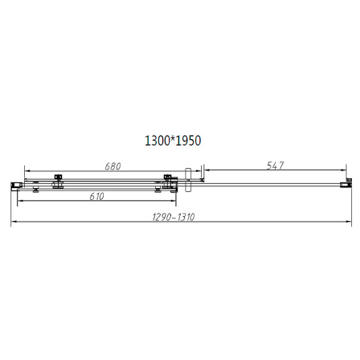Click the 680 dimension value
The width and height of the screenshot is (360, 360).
112,166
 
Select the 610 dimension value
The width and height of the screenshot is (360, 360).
96,196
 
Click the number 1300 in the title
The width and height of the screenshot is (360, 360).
156,142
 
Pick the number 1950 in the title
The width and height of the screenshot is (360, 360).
189,142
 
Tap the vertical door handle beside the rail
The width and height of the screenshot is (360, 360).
189,181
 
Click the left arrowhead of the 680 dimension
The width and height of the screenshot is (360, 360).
26,171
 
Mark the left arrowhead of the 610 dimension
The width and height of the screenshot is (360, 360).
19,202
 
